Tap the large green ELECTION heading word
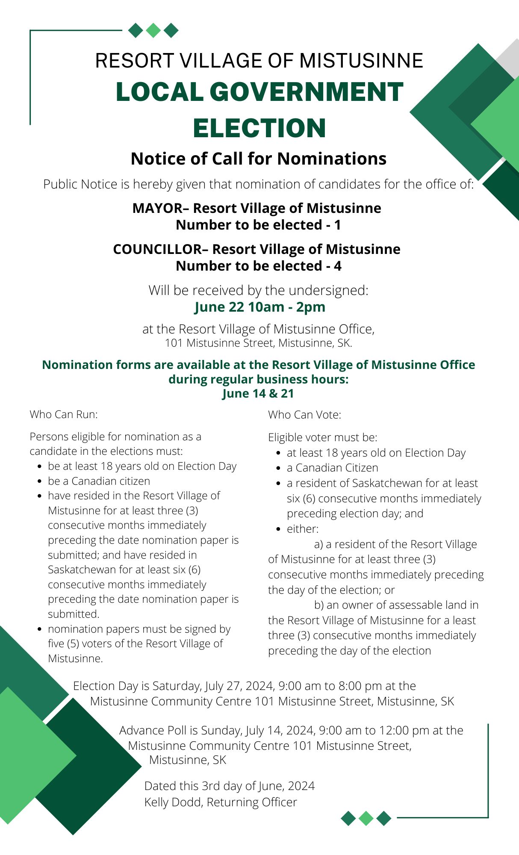[259, 128]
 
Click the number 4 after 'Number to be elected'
[337, 266]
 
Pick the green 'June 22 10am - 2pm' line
[259, 307]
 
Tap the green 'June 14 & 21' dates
[258, 393]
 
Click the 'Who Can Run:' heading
[64, 414]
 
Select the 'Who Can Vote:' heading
[304, 415]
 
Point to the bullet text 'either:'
[303, 529]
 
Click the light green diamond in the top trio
[153, 30]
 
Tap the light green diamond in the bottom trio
[366, 818]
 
